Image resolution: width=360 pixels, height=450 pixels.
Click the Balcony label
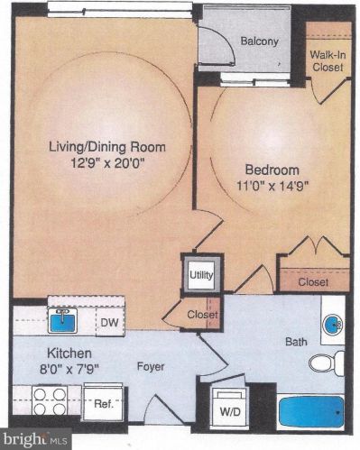click(260, 41)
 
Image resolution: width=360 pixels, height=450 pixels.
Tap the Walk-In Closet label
click(328, 61)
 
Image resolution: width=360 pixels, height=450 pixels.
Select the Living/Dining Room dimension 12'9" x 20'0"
click(107, 164)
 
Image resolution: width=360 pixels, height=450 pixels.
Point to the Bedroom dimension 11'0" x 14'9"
click(272, 186)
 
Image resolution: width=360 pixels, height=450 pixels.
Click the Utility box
click(201, 275)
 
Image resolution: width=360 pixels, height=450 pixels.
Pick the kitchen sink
click(62, 320)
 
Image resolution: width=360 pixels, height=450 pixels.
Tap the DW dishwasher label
click(109, 323)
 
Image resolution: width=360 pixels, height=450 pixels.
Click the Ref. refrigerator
click(104, 403)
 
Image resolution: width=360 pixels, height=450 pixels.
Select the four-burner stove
click(51, 401)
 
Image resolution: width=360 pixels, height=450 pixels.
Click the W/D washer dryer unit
click(230, 407)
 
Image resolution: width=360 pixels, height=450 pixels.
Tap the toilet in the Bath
click(327, 363)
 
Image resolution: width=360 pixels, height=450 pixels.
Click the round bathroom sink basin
click(332, 325)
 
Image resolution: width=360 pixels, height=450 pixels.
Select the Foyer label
click(151, 367)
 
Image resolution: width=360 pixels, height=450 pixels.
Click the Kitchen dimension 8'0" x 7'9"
click(69, 369)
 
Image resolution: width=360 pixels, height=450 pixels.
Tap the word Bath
click(296, 342)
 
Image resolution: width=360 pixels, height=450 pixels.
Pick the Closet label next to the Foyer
click(202, 315)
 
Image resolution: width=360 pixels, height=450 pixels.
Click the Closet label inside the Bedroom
click(313, 282)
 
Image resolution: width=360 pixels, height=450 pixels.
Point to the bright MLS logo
click(35, 439)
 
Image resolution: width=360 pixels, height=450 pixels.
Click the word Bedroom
click(272, 170)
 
